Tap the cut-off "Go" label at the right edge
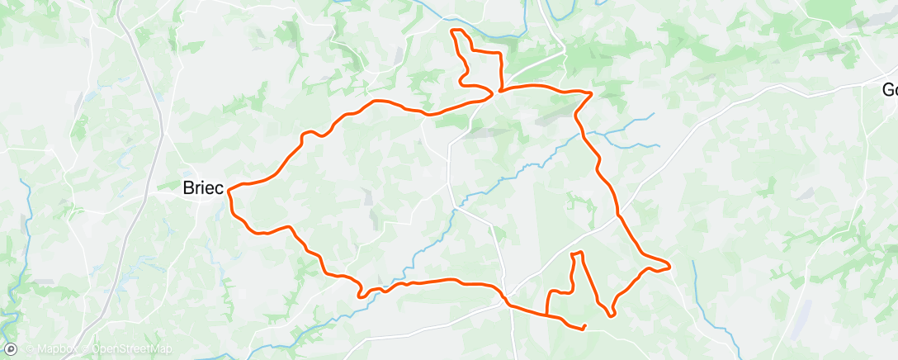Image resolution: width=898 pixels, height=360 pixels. pos(889,90)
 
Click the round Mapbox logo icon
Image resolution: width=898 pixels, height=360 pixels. pos(11,348)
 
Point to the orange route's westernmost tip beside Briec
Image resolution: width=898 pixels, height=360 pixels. pos(228,190)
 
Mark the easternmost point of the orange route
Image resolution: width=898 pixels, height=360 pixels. pos(669,266)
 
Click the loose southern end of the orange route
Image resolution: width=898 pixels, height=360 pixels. pos(584,329)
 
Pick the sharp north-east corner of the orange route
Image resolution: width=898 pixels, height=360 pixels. pos(592,92)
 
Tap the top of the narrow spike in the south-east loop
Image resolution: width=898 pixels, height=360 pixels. pos(578,253)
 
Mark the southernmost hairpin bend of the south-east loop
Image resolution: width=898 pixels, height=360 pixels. pos(612,315)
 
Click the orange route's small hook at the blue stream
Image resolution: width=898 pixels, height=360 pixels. pos(360,293)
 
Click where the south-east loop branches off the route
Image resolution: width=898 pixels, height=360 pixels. pos(547,314)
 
